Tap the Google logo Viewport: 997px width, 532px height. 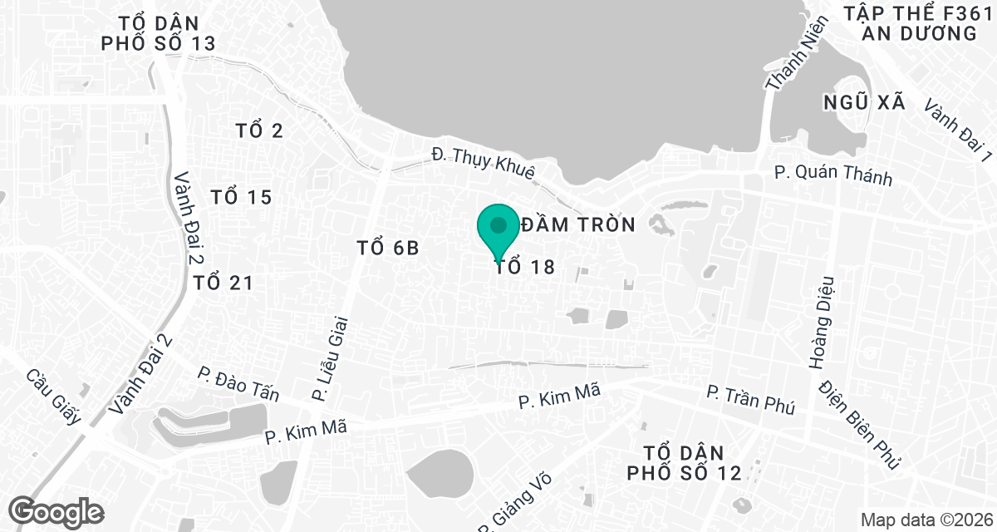click(56, 510)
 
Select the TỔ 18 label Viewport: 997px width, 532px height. click(524, 267)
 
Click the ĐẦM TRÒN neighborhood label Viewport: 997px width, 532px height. click(578, 224)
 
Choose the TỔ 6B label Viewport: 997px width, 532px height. click(386, 248)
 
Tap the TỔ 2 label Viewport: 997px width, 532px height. click(259, 131)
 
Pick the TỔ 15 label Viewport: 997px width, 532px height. click(242, 197)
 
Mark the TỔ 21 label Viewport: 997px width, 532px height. click(223, 283)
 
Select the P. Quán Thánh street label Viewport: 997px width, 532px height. click(832, 175)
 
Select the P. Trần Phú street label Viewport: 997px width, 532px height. click(750, 400)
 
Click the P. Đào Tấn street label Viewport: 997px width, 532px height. click(238, 384)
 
